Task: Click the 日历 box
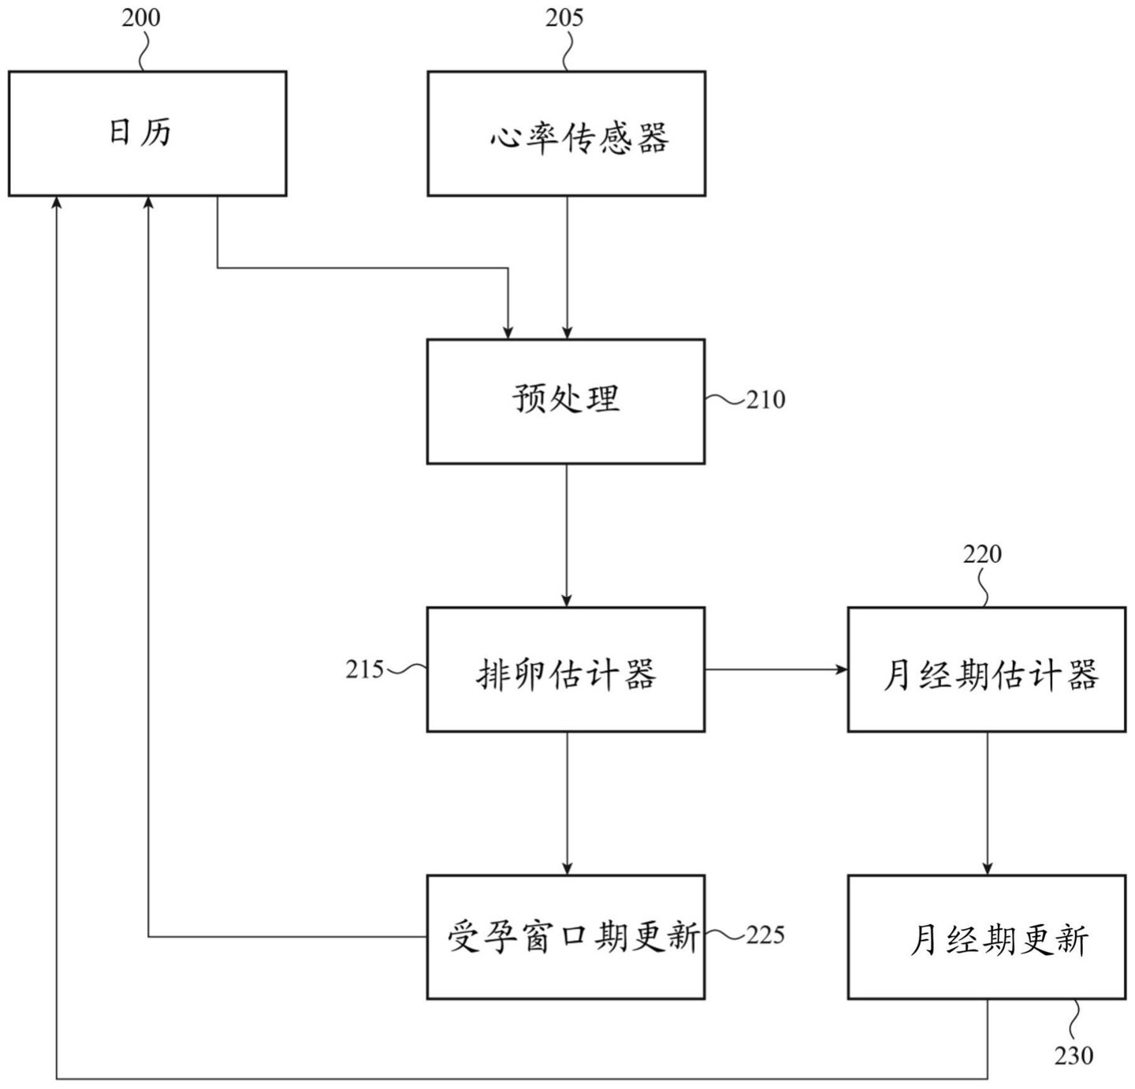tap(147, 133)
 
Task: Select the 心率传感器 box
tap(566, 133)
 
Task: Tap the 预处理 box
tap(566, 401)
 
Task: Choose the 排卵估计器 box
tap(566, 669)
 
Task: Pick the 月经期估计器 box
tap(987, 669)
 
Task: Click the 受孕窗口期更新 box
tap(566, 937)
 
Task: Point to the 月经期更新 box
tap(987, 937)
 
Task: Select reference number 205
tap(564, 17)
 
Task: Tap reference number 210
tap(766, 401)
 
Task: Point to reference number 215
tap(364, 669)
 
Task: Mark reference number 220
tap(982, 554)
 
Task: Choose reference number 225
tap(765, 935)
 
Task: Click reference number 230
tap(1074, 1055)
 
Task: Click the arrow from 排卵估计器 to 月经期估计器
tap(776, 669)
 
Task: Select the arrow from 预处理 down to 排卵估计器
tap(566, 535)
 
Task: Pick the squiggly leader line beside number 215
tap(407, 670)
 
